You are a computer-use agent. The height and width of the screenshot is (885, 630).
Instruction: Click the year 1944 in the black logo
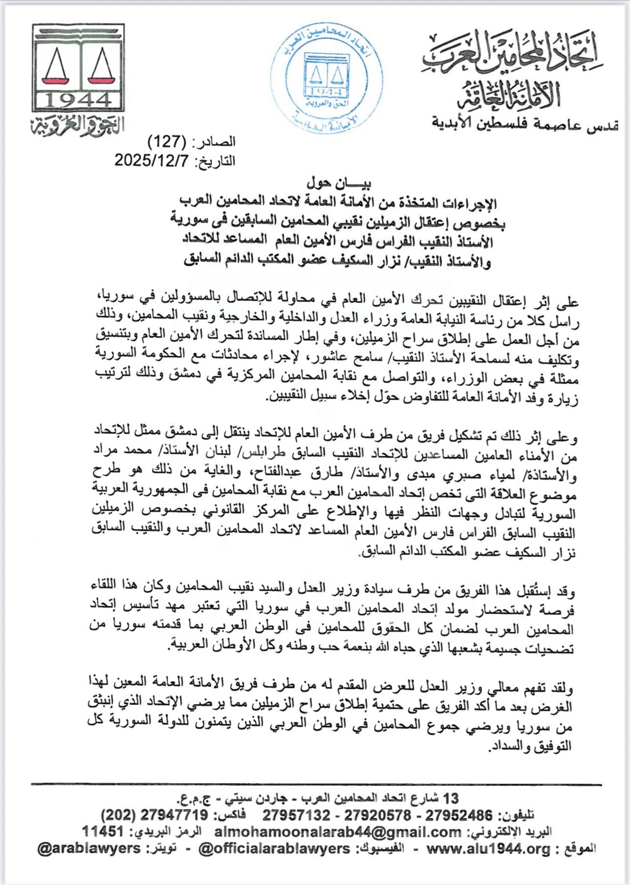tap(78, 100)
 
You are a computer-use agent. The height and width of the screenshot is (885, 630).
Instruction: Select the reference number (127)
tap(167, 142)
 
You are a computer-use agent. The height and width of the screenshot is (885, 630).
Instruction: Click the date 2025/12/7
tap(152, 161)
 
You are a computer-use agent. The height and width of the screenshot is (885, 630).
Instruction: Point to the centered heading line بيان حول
tap(339, 183)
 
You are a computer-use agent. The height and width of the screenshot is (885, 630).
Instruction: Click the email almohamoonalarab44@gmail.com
tap(338, 832)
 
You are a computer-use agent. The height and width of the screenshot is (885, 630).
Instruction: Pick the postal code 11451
tap(102, 831)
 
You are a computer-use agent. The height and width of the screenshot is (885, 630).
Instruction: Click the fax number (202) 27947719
tap(154, 815)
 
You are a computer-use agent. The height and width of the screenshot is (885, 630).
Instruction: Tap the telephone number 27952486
tap(458, 816)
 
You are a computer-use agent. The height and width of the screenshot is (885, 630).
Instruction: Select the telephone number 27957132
tap(296, 816)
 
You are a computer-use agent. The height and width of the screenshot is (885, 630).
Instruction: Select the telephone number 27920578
tap(377, 816)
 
